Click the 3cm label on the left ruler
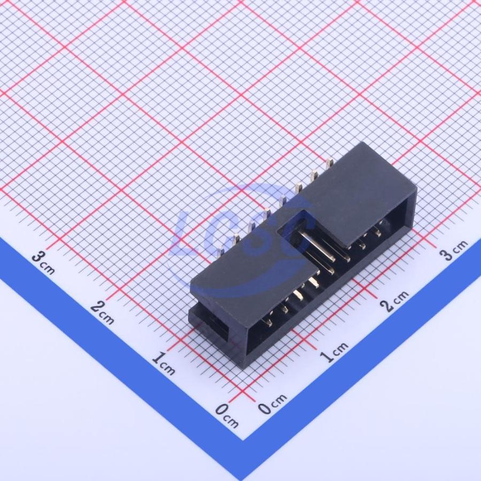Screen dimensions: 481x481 pyautogui.click(x=44, y=262)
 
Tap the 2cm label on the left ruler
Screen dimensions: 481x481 pyautogui.click(x=103, y=312)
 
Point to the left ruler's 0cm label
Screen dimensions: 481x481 pyautogui.click(x=227, y=416)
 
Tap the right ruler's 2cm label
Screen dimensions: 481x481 pyautogui.click(x=394, y=301)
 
